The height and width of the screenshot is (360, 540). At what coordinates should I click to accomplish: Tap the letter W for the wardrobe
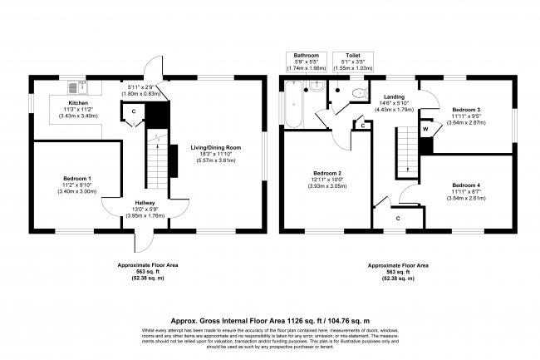coord(425,129)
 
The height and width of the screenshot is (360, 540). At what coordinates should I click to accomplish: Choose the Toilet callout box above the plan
coord(353,60)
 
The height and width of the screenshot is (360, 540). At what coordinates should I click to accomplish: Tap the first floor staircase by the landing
coord(405,148)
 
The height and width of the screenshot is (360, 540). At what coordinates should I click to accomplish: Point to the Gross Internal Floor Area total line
coord(269,318)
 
